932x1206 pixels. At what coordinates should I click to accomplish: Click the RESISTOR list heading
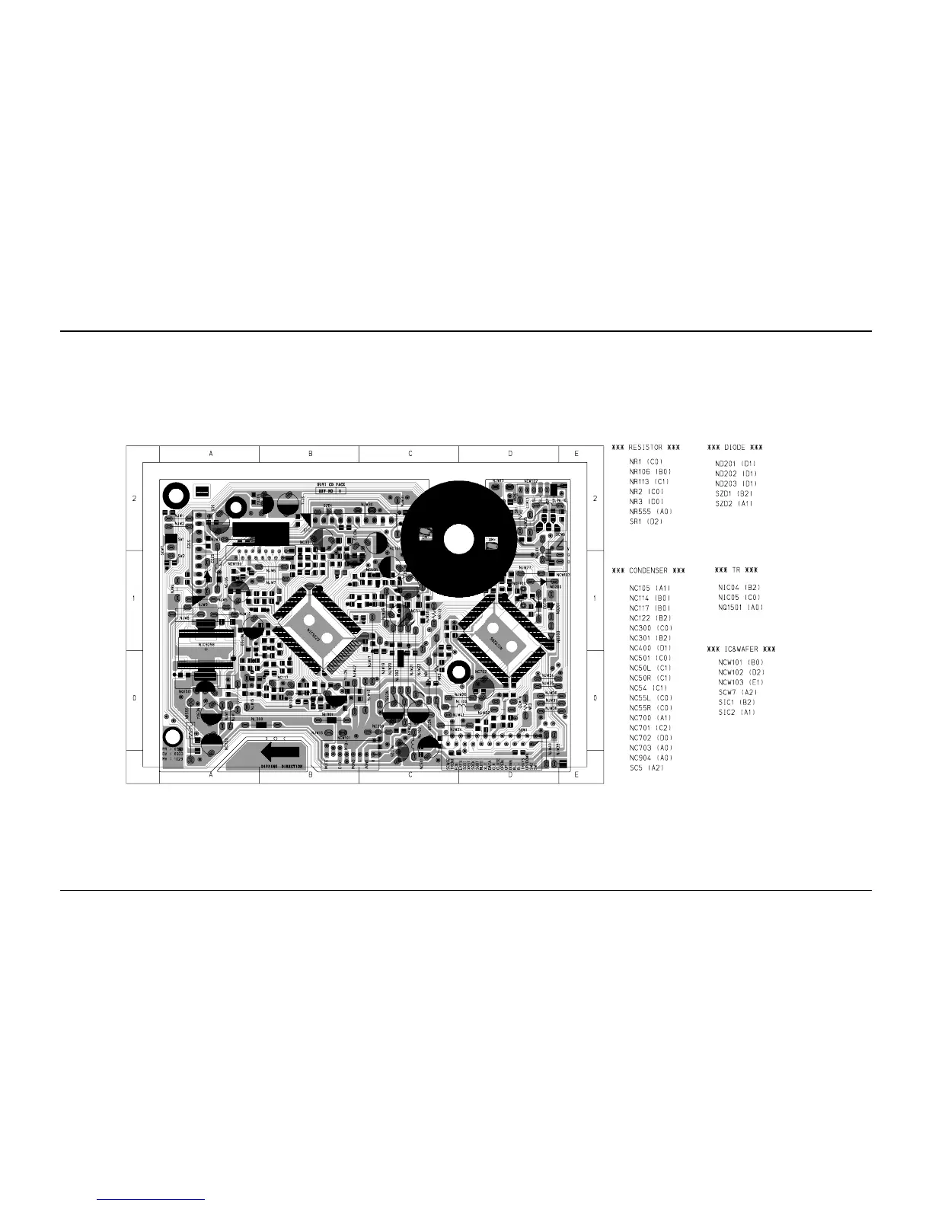click(x=646, y=448)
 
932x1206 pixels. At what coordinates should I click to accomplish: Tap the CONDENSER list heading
click(x=648, y=570)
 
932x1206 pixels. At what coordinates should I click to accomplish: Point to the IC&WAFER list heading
click(x=741, y=649)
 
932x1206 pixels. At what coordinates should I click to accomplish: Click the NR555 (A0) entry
click(x=650, y=512)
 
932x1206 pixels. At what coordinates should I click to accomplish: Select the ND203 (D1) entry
click(x=736, y=483)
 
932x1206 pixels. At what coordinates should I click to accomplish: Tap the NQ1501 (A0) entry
click(x=740, y=608)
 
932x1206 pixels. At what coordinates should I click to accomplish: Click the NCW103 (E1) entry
click(x=740, y=682)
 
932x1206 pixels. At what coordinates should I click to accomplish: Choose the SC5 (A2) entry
click(x=646, y=767)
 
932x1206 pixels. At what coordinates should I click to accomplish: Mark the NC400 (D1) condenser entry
click(x=650, y=648)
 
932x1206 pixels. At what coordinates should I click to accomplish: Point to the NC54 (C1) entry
click(x=648, y=688)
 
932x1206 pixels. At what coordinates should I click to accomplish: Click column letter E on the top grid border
click(x=576, y=454)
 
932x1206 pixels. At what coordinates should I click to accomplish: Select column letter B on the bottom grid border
click(x=310, y=775)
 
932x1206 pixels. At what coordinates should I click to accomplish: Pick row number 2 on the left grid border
click(x=134, y=499)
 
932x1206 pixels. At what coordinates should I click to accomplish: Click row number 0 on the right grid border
click(x=595, y=698)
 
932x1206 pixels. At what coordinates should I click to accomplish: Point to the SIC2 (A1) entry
click(x=736, y=713)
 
